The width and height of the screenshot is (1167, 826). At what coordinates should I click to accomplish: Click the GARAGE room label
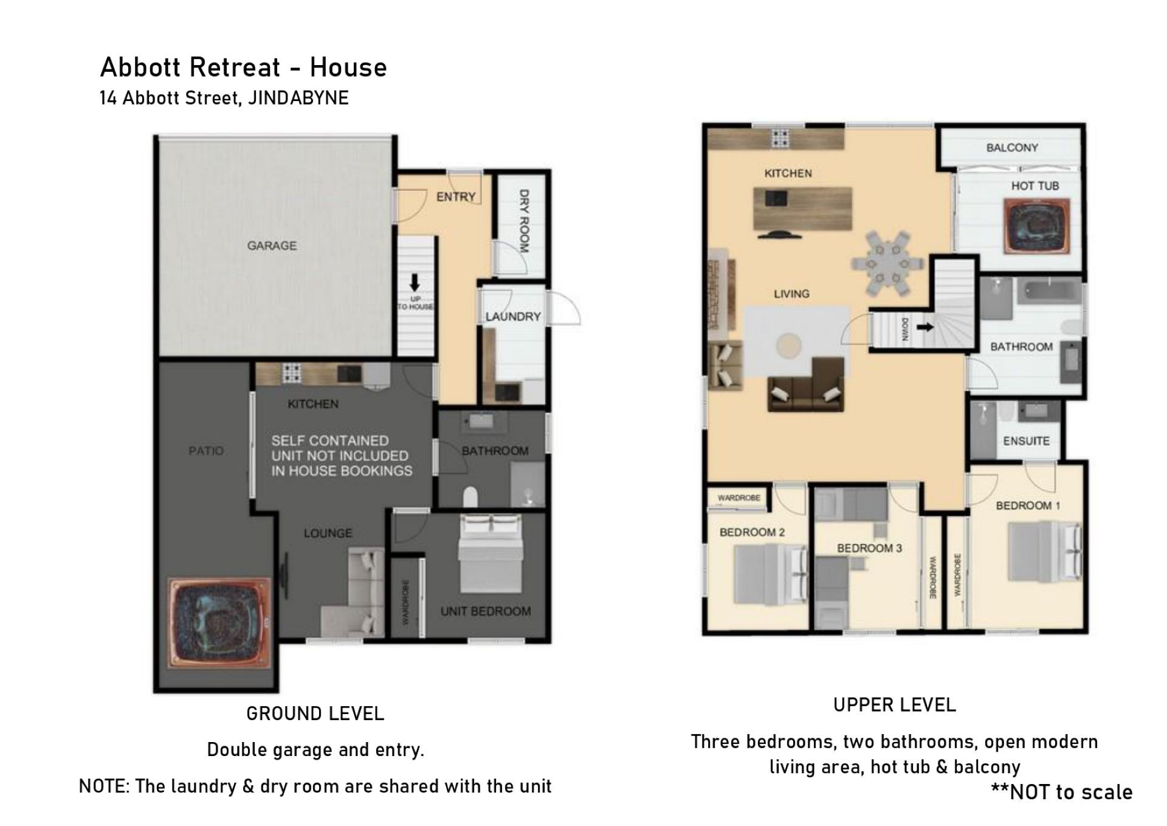pyautogui.click(x=272, y=246)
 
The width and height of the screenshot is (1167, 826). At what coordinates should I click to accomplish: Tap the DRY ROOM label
pyautogui.click(x=524, y=221)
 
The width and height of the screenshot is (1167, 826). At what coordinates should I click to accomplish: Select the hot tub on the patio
pyautogui.click(x=219, y=625)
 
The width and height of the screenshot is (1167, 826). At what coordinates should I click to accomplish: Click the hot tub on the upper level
pyautogui.click(x=1036, y=224)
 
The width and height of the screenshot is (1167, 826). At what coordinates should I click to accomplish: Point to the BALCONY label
pyautogui.click(x=1012, y=147)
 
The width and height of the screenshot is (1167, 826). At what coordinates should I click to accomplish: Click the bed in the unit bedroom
pyautogui.click(x=490, y=554)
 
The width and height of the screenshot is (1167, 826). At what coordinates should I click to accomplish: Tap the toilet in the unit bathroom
pyautogui.click(x=470, y=497)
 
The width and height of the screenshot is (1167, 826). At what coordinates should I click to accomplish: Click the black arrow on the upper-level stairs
pyautogui.click(x=925, y=327)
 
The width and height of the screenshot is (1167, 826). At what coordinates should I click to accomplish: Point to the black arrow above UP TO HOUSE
pyautogui.click(x=415, y=283)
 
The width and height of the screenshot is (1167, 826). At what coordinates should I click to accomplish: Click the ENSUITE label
pyautogui.click(x=1026, y=441)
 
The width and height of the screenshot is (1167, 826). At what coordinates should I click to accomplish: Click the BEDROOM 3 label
pyautogui.click(x=869, y=548)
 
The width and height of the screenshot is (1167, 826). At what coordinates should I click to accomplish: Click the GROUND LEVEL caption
pyautogui.click(x=315, y=713)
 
